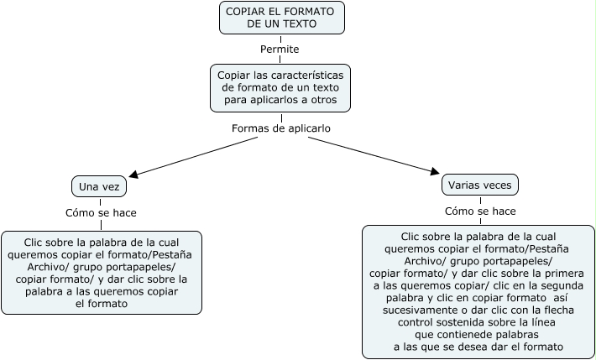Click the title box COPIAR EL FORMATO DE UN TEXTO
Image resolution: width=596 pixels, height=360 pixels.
282,18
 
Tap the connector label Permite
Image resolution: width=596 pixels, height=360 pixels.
280,50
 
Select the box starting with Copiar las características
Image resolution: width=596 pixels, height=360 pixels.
280,87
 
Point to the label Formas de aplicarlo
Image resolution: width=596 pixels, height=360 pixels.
280,128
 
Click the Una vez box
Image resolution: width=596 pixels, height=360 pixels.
99,185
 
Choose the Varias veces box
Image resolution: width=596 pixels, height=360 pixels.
479,185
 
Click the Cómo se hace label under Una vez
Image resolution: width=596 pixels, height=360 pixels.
101,213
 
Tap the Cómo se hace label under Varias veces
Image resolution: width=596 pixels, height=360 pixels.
480,211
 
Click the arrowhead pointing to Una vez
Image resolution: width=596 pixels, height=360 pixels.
133,175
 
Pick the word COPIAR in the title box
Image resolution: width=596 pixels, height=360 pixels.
246,11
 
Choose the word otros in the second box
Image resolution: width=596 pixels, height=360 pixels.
322,100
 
